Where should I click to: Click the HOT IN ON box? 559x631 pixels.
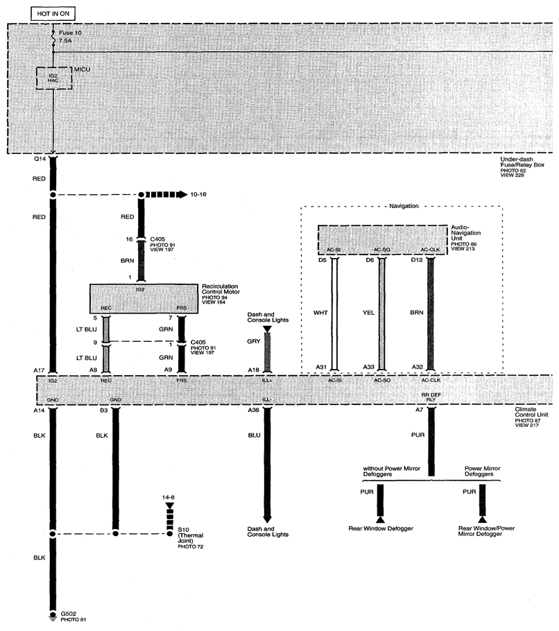coord(53,14)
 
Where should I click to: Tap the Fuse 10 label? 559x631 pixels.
coord(70,33)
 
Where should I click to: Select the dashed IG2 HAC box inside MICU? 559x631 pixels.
coord(54,78)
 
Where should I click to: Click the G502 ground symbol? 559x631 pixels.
coord(53,615)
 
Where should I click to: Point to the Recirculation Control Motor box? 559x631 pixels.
coord(144,299)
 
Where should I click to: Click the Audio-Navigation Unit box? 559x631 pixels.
coord(382,240)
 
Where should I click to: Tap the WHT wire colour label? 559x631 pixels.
coord(320,313)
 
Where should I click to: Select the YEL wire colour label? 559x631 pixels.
coord(368,313)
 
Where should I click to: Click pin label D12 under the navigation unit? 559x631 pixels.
coord(417,260)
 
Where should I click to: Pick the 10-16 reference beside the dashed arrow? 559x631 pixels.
coord(198,194)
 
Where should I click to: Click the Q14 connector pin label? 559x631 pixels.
coord(40,159)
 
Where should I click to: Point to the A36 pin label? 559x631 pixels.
coord(253,410)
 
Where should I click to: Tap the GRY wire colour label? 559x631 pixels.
coord(254,341)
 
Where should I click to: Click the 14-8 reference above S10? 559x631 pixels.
coord(169,497)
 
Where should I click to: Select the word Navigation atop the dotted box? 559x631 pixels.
coord(404,206)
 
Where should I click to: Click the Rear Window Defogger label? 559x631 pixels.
coord(381,528)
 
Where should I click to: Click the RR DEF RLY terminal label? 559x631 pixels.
coord(431,397)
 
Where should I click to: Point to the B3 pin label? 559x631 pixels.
coord(104,410)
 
